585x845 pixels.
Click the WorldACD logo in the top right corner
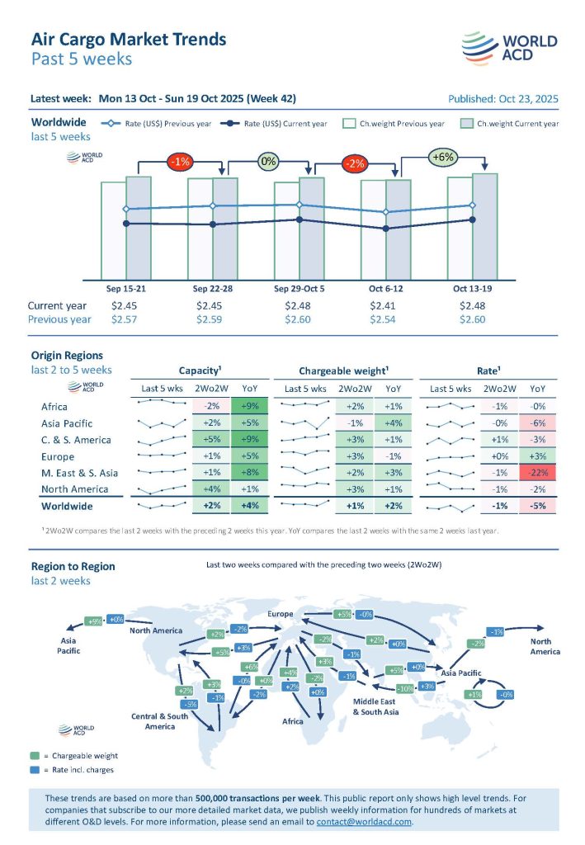(x=509, y=48)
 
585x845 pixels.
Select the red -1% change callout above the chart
(x=180, y=161)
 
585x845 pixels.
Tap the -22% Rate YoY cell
(x=538, y=473)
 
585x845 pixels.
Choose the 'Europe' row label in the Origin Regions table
(x=58, y=456)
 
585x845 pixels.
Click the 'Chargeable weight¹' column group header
(x=342, y=371)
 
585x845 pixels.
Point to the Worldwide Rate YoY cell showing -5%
(x=538, y=506)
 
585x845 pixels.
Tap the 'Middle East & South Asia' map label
(x=375, y=706)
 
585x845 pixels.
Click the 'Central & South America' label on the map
(x=160, y=721)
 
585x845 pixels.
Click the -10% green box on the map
(x=404, y=688)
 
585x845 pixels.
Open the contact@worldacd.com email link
(x=364, y=822)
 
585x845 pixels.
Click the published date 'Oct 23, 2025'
(x=525, y=99)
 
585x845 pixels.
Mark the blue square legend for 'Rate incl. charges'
(x=34, y=770)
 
